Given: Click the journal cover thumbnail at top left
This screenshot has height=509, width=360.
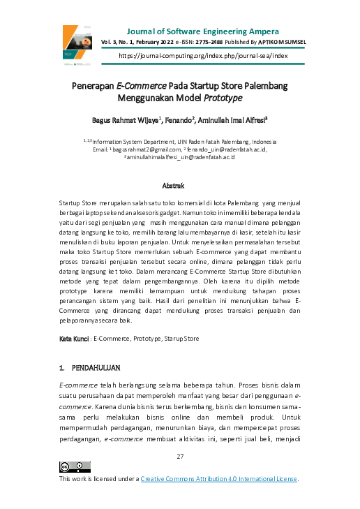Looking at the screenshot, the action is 79,43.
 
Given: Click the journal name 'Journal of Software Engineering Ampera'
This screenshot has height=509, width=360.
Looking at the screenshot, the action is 203,31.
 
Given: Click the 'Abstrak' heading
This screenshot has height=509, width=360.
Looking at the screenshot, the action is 173,186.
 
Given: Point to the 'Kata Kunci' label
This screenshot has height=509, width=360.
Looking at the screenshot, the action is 74,338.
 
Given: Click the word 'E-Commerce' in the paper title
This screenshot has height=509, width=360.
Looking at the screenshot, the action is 140,87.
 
